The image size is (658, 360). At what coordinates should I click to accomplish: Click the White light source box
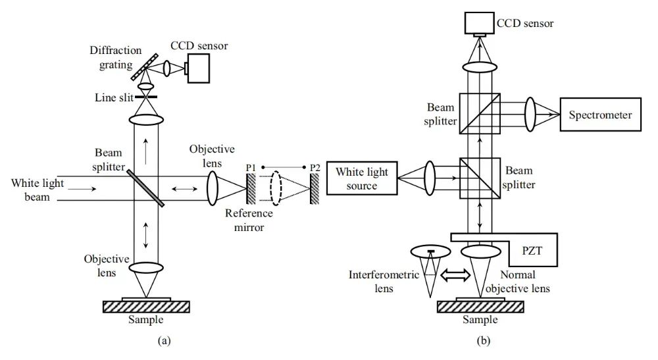tap(362, 179)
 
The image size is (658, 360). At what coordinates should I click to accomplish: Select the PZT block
tap(532, 250)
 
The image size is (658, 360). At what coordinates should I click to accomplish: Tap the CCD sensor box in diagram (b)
tap(479, 23)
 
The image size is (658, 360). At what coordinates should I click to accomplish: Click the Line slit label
tap(113, 97)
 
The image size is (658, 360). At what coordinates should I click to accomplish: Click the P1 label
tap(251, 168)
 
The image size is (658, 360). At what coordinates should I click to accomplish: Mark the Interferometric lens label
tap(384, 280)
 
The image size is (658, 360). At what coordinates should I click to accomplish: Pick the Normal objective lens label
tap(522, 280)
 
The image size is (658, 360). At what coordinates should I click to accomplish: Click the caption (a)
tap(146, 340)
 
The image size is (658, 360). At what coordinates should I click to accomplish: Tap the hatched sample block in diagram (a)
tap(146, 306)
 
